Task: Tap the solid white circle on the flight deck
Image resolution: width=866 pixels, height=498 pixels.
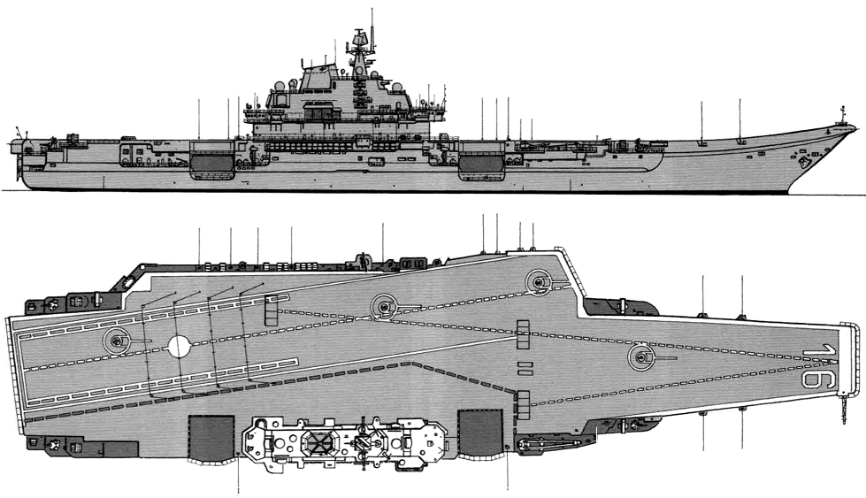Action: tap(179, 346)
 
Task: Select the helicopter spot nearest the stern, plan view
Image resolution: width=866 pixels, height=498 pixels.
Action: tap(117, 341)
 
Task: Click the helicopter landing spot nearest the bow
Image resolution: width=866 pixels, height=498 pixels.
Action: tap(641, 357)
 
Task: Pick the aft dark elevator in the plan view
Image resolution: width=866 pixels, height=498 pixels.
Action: tap(211, 437)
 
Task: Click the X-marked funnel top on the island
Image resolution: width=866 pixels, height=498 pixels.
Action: tap(318, 441)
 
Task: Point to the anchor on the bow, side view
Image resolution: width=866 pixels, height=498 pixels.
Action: tap(803, 162)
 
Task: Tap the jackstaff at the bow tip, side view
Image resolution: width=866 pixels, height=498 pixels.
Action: tap(843, 115)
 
